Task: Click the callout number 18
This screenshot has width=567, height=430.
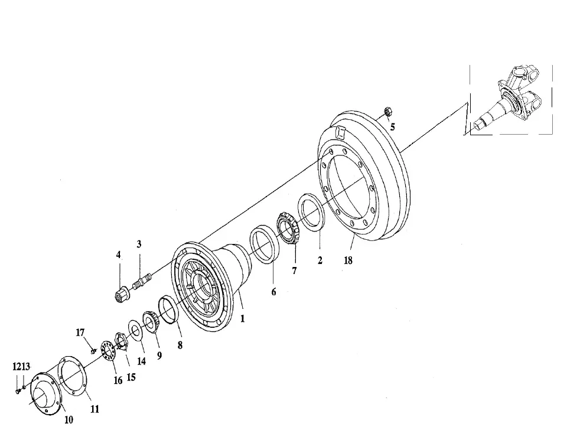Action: [x=348, y=260]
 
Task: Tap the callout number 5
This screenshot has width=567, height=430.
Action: [x=392, y=127]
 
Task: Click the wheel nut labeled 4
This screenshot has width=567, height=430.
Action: [x=120, y=295]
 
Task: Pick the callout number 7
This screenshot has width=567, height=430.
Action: [x=294, y=271]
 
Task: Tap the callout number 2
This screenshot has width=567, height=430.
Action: [x=320, y=260]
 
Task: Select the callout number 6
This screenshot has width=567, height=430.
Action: [x=273, y=291]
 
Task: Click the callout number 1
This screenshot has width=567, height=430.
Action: [x=243, y=318]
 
